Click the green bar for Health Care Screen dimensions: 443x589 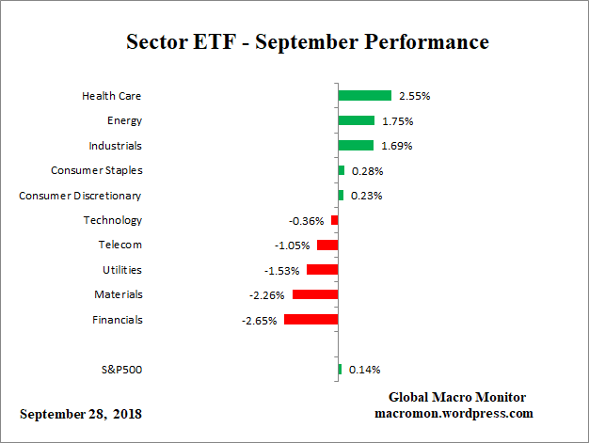click(x=364, y=96)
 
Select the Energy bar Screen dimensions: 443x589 click(x=356, y=120)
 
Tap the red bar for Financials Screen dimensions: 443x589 click(x=310, y=320)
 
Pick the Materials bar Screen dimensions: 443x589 click(x=315, y=294)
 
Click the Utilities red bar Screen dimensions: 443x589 click(x=322, y=270)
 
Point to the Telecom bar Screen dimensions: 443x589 click(x=327, y=245)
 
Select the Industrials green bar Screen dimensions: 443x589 click(x=356, y=146)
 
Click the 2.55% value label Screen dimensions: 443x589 click(x=415, y=96)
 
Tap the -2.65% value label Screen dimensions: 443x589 click(x=259, y=321)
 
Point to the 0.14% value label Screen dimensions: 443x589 click(x=364, y=370)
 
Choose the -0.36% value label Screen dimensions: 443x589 click(x=306, y=221)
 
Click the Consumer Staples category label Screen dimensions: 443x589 click(x=96, y=170)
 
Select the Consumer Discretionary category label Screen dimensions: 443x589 click(x=81, y=196)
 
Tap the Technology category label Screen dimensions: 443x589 click(x=113, y=220)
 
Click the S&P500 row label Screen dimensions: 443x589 click(x=121, y=369)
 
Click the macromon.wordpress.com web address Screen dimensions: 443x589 click(x=455, y=413)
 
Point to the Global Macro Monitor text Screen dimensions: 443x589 click(x=456, y=397)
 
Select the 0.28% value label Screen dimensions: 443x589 click(x=366, y=171)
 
